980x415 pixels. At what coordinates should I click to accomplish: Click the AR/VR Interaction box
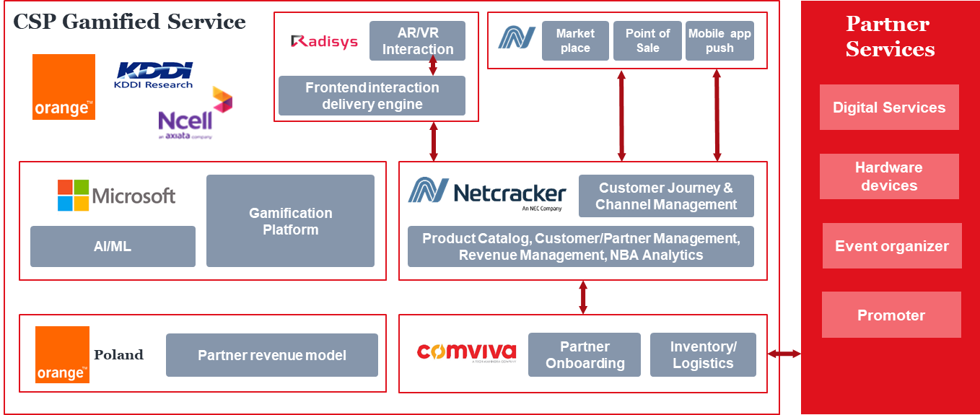[417, 41]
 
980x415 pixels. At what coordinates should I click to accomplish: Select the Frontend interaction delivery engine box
[372, 96]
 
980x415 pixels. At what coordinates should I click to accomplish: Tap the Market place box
[575, 41]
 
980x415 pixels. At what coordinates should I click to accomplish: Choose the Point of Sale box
[647, 41]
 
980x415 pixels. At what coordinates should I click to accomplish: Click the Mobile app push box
[719, 41]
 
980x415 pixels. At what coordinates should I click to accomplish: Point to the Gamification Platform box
[290, 221]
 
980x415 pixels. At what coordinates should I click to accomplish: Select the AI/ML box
[113, 247]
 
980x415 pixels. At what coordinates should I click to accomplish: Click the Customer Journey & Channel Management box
[666, 196]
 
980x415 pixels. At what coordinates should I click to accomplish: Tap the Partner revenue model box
[272, 355]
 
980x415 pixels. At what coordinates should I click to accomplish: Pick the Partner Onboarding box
[585, 354]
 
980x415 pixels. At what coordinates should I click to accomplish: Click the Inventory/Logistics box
[703, 354]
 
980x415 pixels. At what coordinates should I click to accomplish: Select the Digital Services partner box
[889, 108]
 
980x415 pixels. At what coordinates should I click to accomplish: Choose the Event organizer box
[892, 246]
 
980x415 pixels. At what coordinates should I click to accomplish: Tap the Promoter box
[891, 315]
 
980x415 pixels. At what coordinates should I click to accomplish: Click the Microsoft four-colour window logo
[73, 196]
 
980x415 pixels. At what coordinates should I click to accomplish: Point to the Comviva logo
[467, 353]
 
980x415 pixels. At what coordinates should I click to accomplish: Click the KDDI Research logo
[154, 75]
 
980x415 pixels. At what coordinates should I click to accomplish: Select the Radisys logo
[324, 42]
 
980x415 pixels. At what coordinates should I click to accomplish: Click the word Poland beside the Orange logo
[118, 355]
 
